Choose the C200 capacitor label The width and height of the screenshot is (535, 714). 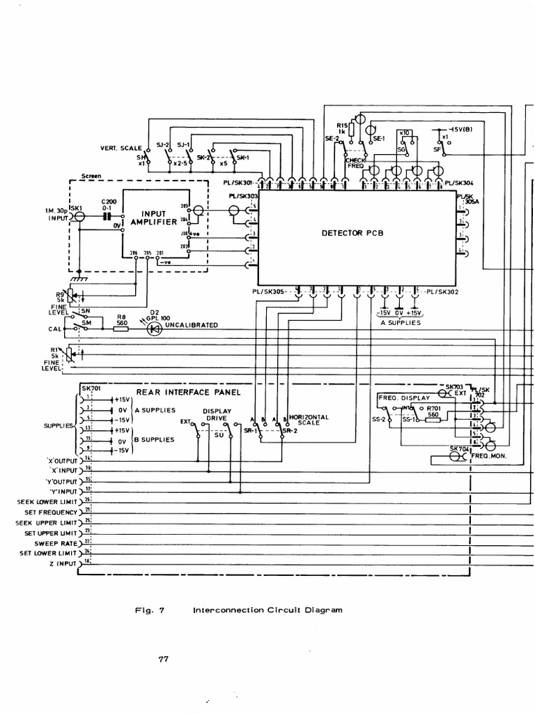point(107,202)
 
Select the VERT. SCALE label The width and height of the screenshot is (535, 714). point(121,149)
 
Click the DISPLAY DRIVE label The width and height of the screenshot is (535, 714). point(217,416)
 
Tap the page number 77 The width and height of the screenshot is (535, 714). point(164,658)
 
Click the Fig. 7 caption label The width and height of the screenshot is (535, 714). point(149,609)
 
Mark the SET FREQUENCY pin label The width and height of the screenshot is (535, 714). point(53,511)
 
